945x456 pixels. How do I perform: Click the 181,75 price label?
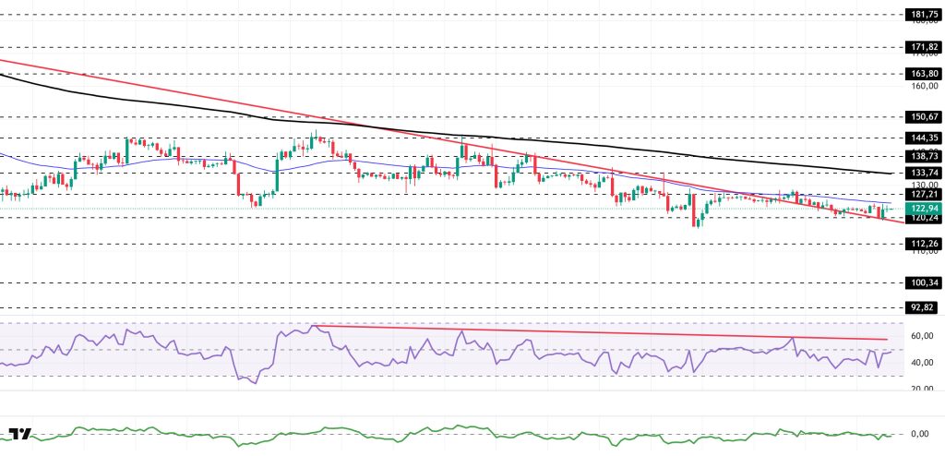point(924,15)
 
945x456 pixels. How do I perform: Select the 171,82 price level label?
point(924,45)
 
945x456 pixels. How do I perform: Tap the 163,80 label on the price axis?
point(924,73)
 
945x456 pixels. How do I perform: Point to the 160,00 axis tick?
point(924,86)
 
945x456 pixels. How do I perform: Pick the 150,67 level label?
point(924,116)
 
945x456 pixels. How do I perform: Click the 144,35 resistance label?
point(924,137)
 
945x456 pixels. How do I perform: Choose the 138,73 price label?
point(924,157)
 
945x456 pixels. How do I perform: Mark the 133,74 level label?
point(924,173)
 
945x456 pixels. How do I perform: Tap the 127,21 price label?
point(924,195)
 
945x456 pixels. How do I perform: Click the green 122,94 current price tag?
point(924,209)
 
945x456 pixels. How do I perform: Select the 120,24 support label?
point(924,219)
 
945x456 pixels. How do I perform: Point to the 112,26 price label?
point(924,243)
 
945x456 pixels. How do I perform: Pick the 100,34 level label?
point(924,282)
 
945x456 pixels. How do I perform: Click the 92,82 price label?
point(924,306)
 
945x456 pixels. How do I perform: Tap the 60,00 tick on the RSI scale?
point(924,336)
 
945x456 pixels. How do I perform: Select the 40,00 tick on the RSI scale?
point(924,362)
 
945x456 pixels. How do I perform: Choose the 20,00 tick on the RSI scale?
point(924,389)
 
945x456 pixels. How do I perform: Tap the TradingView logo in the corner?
point(19,435)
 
